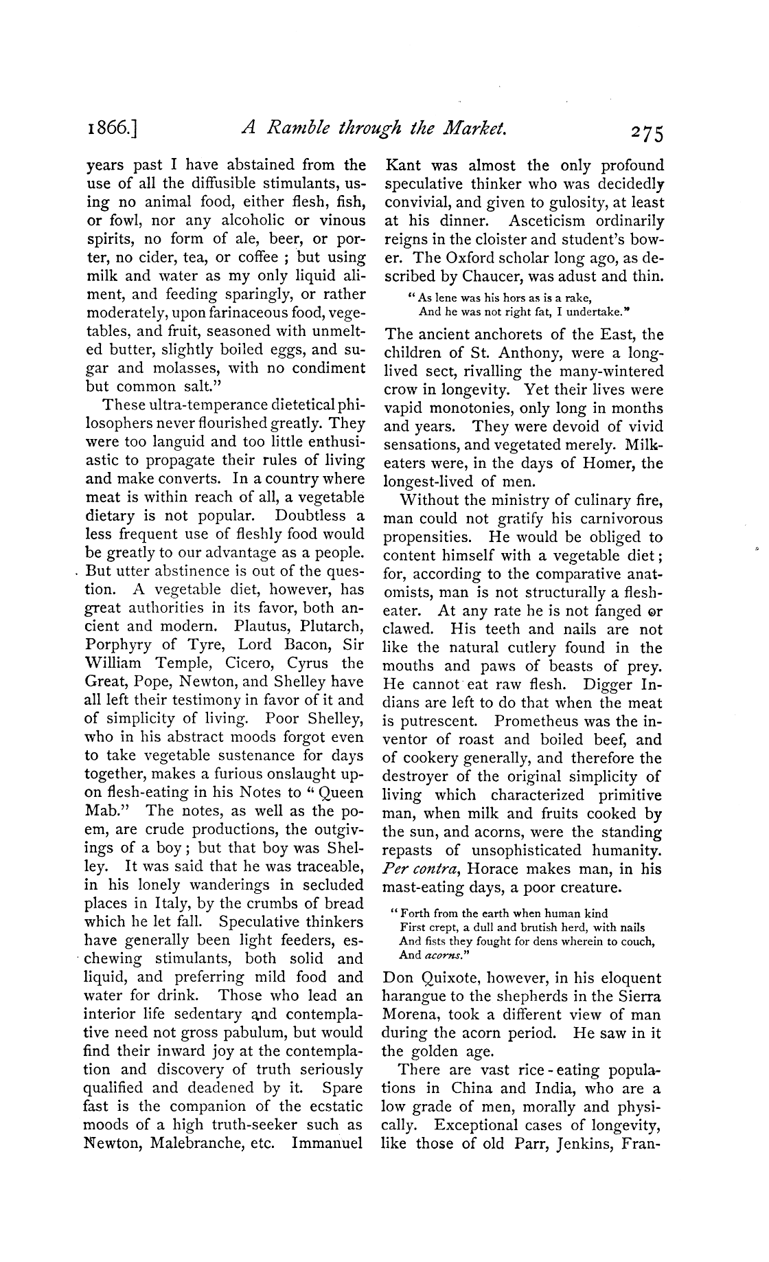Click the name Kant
(x=404, y=166)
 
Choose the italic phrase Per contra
(x=420, y=868)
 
